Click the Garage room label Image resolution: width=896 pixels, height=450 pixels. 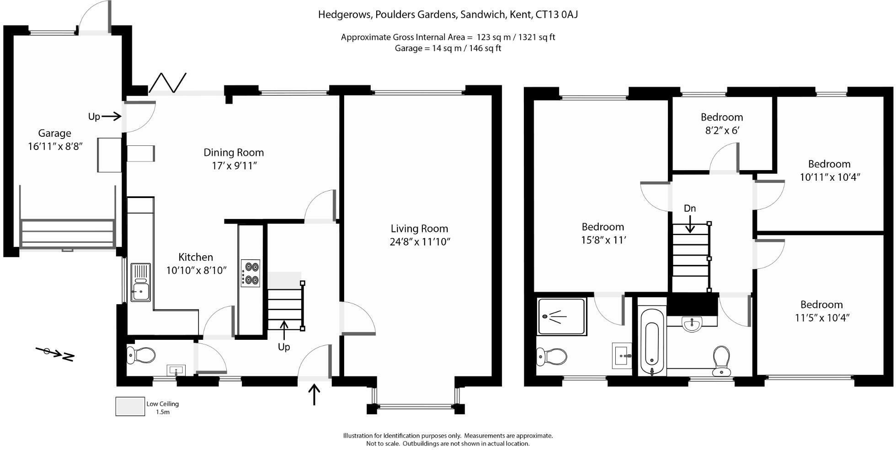point(54,133)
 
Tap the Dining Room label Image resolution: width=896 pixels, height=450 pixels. point(234,152)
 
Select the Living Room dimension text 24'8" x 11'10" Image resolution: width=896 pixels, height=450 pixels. point(420,241)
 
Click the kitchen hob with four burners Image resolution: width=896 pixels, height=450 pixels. point(250,273)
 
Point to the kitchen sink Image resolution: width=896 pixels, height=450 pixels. point(140,282)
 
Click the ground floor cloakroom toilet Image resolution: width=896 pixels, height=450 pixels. point(141,355)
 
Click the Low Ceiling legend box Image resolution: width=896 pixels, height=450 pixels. point(130,406)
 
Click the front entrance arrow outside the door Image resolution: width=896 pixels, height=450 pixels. point(314,395)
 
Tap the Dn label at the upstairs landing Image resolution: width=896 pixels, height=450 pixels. point(690,209)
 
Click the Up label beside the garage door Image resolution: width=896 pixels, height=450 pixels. point(94,117)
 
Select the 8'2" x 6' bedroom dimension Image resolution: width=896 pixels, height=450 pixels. point(722,130)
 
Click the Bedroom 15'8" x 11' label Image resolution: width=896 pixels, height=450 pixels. point(603,233)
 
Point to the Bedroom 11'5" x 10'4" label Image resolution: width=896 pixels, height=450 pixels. point(821,311)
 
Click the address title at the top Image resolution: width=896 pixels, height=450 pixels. point(448,15)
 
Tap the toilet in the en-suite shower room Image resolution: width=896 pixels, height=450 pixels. point(552,356)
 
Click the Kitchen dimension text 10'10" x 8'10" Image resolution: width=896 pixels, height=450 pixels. point(196,270)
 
